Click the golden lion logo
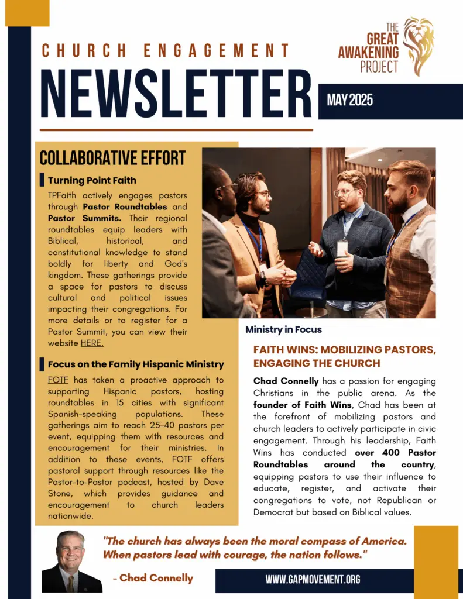coord(418,47)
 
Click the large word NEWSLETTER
coord(176,94)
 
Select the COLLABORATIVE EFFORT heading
coord(113,158)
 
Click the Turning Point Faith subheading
coord(92,180)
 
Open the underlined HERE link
coord(92,343)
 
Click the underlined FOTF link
coord(59,380)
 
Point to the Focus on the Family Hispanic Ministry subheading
coord(136,364)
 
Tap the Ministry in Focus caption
coord(283,329)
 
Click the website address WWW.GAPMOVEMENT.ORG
coord(313,580)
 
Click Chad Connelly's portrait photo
coord(71,562)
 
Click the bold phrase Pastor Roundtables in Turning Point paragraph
coord(125,207)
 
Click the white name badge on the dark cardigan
coord(342,248)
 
